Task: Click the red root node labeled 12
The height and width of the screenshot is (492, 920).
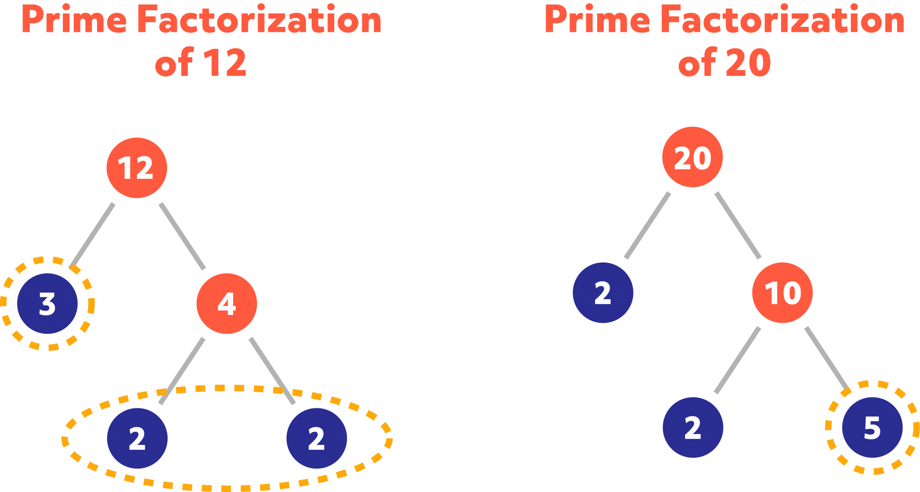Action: pyautogui.click(x=137, y=168)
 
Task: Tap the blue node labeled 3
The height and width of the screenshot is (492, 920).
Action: pyautogui.click(x=48, y=304)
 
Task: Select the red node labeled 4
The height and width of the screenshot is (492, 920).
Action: pyautogui.click(x=227, y=304)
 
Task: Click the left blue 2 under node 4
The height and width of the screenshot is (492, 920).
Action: pyautogui.click(x=137, y=438)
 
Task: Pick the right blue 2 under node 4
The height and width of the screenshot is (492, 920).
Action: pyautogui.click(x=317, y=438)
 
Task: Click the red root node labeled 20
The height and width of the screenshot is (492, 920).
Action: pyautogui.click(x=692, y=157)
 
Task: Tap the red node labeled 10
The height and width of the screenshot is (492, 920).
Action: pyautogui.click(x=783, y=293)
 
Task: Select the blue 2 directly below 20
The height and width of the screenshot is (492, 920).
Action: pyautogui.click(x=603, y=293)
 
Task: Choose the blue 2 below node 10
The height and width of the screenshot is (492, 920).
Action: pyautogui.click(x=693, y=427)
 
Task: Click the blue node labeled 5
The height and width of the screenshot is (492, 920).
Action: pyautogui.click(x=872, y=427)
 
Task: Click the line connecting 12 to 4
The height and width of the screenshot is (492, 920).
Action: pyautogui.click(x=182, y=236)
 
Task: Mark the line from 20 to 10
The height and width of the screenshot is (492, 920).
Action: pyautogui.click(x=738, y=225)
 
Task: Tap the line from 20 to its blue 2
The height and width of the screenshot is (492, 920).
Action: pyautogui.click(x=647, y=225)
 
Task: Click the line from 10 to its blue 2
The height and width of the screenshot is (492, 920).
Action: pyautogui.click(x=738, y=360)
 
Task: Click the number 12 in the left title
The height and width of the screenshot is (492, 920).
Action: pyautogui.click(x=225, y=63)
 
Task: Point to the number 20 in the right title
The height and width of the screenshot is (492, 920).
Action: pyautogui.click(x=748, y=63)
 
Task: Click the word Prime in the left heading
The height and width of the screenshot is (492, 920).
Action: pyautogui.click(x=74, y=20)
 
